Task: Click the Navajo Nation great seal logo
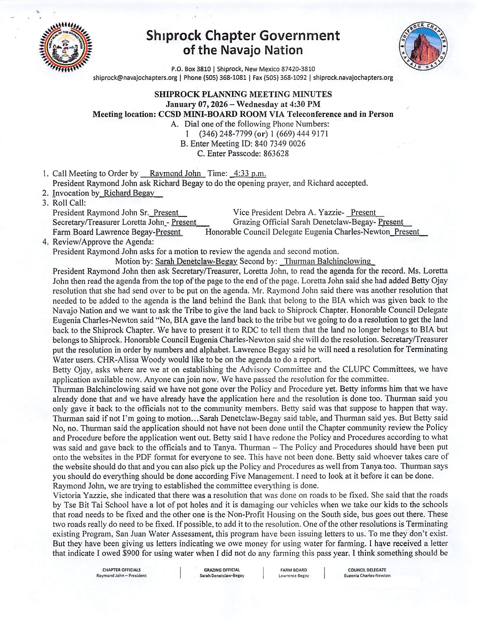(66, 47)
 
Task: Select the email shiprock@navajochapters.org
(135, 78)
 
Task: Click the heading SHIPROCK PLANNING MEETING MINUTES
(243, 94)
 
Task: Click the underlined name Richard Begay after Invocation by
(129, 193)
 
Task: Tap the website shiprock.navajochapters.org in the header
(353, 78)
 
